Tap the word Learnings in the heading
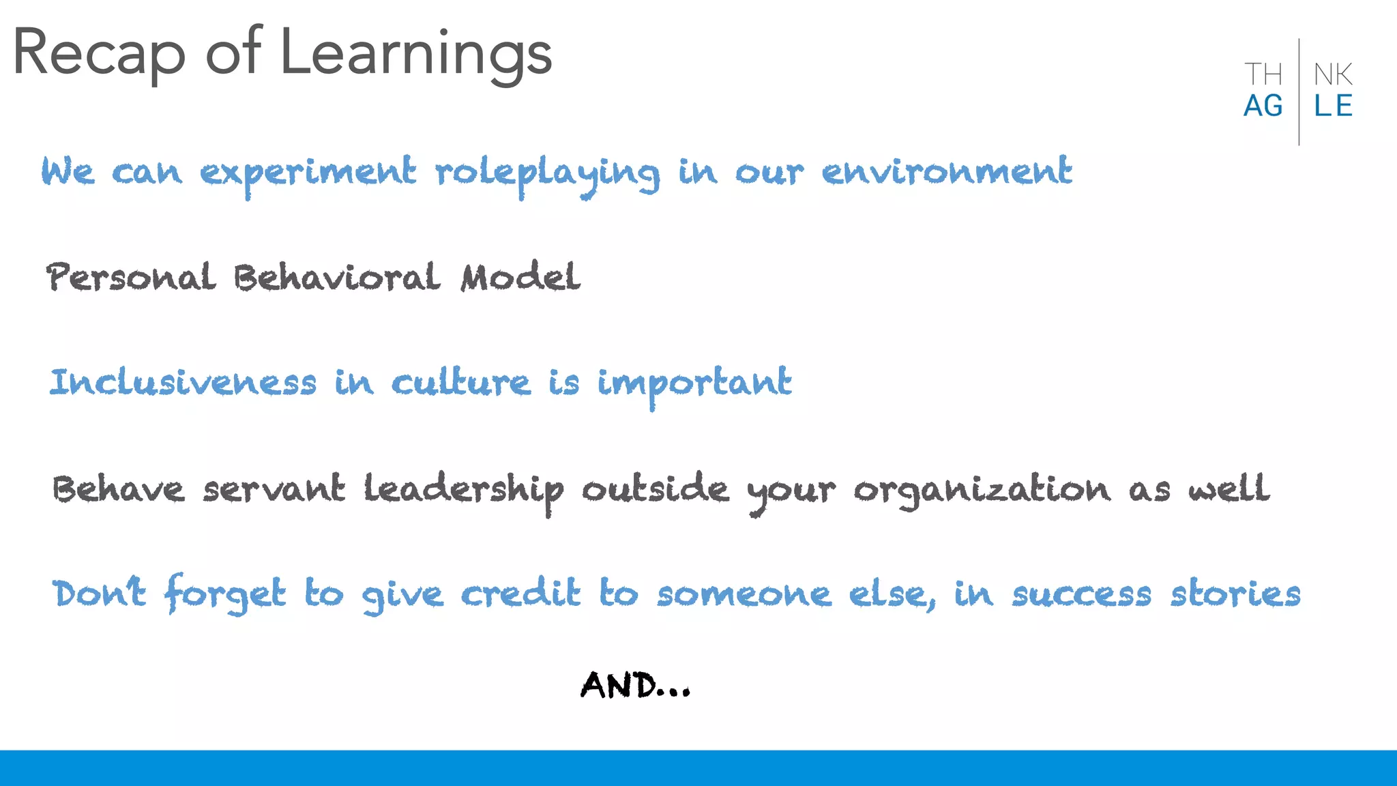415,55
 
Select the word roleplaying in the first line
548,173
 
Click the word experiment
308,173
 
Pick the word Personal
131,277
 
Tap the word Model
520,277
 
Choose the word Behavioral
337,277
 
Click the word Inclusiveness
183,382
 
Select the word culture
460,382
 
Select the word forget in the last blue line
225,594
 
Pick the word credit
520,592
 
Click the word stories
1235,594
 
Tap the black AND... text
635,685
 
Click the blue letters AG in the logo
1263,106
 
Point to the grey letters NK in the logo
1333,74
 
